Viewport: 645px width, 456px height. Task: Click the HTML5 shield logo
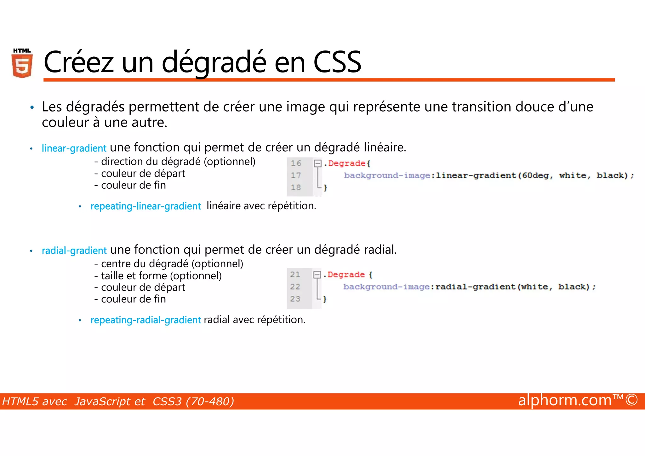[22, 63]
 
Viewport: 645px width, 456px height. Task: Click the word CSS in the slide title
[337, 62]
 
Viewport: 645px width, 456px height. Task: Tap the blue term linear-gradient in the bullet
[74, 148]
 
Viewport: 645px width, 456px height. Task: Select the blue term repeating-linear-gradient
[146, 206]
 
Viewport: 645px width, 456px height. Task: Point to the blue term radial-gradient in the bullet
[74, 251]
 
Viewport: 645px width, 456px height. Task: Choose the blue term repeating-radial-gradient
[146, 320]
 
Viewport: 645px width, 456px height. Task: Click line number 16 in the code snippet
[296, 163]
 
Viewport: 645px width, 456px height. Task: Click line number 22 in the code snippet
[295, 287]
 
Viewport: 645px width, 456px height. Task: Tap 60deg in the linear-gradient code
[535, 175]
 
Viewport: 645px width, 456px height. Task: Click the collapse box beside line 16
[317, 163]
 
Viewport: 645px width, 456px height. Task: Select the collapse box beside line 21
[317, 274]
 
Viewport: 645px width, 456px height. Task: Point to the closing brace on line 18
[326, 188]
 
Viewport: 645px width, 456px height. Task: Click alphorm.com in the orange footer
[565, 401]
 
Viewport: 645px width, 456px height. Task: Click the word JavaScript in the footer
[110, 401]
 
